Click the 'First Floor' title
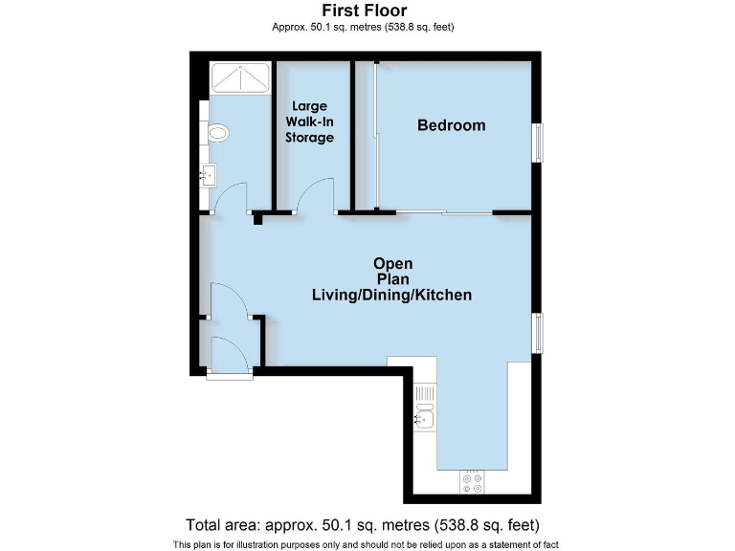tap(363, 11)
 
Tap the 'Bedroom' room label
tap(451, 125)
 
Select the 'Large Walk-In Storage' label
tap(310, 122)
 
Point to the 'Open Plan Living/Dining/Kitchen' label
tap(392, 279)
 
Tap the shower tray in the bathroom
tap(239, 77)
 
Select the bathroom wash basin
tap(210, 175)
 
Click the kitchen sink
tap(424, 416)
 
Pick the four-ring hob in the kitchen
tap(473, 481)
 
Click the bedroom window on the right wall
tap(538, 143)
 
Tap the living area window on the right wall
tap(538, 333)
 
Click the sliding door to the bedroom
tap(445, 212)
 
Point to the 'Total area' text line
tap(363, 524)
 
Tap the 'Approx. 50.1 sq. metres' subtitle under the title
tap(363, 27)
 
